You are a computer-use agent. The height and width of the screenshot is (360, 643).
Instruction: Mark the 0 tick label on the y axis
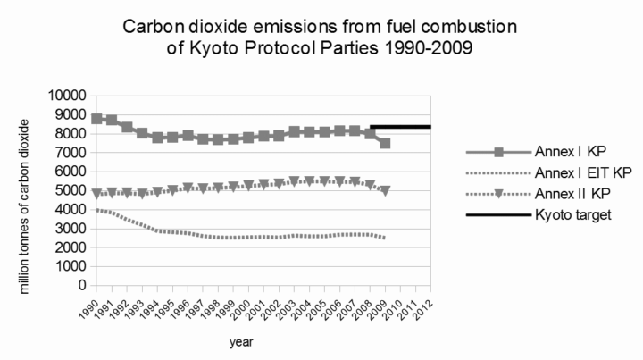(80, 286)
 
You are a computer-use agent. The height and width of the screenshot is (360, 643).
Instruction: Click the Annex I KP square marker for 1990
(96, 118)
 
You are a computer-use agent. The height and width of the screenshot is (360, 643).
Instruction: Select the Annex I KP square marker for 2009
(385, 143)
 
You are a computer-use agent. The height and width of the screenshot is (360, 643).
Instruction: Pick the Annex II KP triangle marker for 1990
(96, 193)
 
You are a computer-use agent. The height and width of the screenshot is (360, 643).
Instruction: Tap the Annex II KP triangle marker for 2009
(385, 190)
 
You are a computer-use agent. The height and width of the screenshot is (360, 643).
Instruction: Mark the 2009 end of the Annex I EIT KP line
(385, 239)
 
